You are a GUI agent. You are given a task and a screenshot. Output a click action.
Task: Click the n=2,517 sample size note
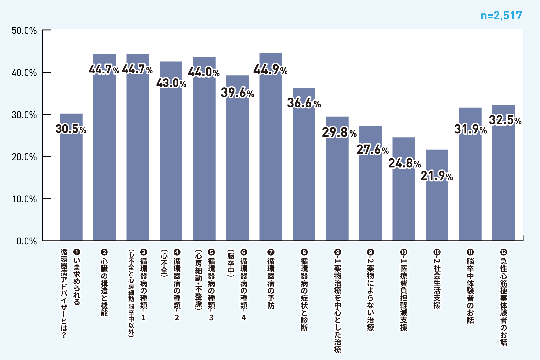coord(501,16)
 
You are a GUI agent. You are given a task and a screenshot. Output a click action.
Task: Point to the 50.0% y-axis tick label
coord(24,31)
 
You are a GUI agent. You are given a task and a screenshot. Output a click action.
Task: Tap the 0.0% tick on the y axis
coord(27,241)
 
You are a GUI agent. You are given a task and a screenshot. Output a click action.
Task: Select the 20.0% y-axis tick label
coord(24,157)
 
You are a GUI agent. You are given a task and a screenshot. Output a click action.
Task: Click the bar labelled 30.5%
coord(71,181)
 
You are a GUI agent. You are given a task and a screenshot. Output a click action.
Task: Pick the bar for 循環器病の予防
coord(271,155)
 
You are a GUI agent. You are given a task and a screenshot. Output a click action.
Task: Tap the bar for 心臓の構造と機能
coord(104,155)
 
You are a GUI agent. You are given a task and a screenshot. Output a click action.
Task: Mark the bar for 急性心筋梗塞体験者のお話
coord(503,181)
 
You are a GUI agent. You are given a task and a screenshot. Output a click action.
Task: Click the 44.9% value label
coord(270,70)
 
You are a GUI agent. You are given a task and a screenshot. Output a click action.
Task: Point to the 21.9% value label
coord(437,176)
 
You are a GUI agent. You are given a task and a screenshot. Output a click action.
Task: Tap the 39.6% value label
coord(238,93)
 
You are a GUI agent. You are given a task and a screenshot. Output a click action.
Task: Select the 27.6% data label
coord(373,150)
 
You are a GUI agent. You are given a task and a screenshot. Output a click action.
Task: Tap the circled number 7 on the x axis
coord(271,252)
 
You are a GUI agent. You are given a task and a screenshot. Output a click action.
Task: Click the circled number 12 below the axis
coord(503,252)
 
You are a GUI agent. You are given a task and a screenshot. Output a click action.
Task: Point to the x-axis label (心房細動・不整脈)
coord(198,280)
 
